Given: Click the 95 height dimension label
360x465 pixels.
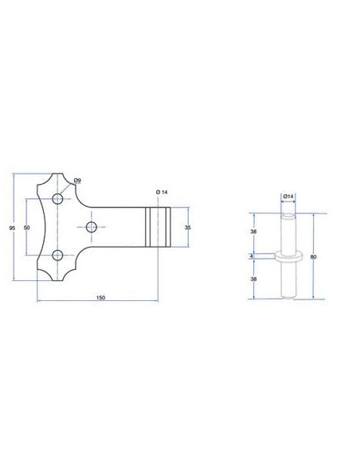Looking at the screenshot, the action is pos(12,228).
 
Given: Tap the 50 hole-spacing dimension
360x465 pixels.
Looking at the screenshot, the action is pos(27,228).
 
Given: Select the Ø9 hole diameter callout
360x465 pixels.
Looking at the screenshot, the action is pos(77,180).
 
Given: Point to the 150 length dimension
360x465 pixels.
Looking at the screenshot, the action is pos(101,298).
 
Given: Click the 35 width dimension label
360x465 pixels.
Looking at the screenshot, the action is pos(188,228).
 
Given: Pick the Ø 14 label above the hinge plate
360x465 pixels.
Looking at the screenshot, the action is pos(162,192).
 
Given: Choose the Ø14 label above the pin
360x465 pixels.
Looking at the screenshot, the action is pos(288,197).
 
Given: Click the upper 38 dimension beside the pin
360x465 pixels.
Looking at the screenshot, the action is pos(253,232).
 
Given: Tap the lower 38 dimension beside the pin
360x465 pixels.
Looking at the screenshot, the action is pos(253,279).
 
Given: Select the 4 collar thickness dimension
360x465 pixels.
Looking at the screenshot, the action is pos(252,256).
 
